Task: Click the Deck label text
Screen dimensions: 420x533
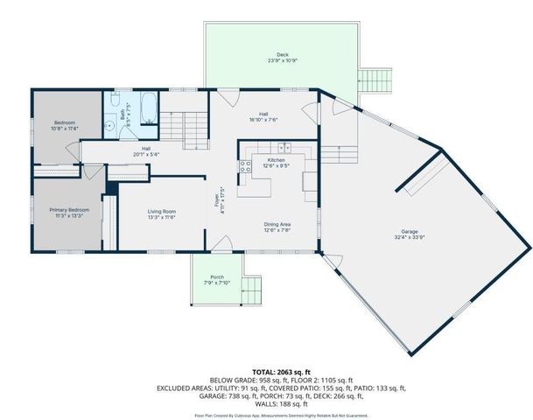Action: (x=282, y=55)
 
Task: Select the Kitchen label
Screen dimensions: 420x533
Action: (x=277, y=160)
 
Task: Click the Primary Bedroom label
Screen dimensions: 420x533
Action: (x=68, y=211)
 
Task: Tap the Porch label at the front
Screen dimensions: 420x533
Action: (x=217, y=277)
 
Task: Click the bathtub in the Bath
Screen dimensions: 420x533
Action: (x=147, y=109)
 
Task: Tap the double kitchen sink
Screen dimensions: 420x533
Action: (x=246, y=165)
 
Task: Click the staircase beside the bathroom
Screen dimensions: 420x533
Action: (x=186, y=122)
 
